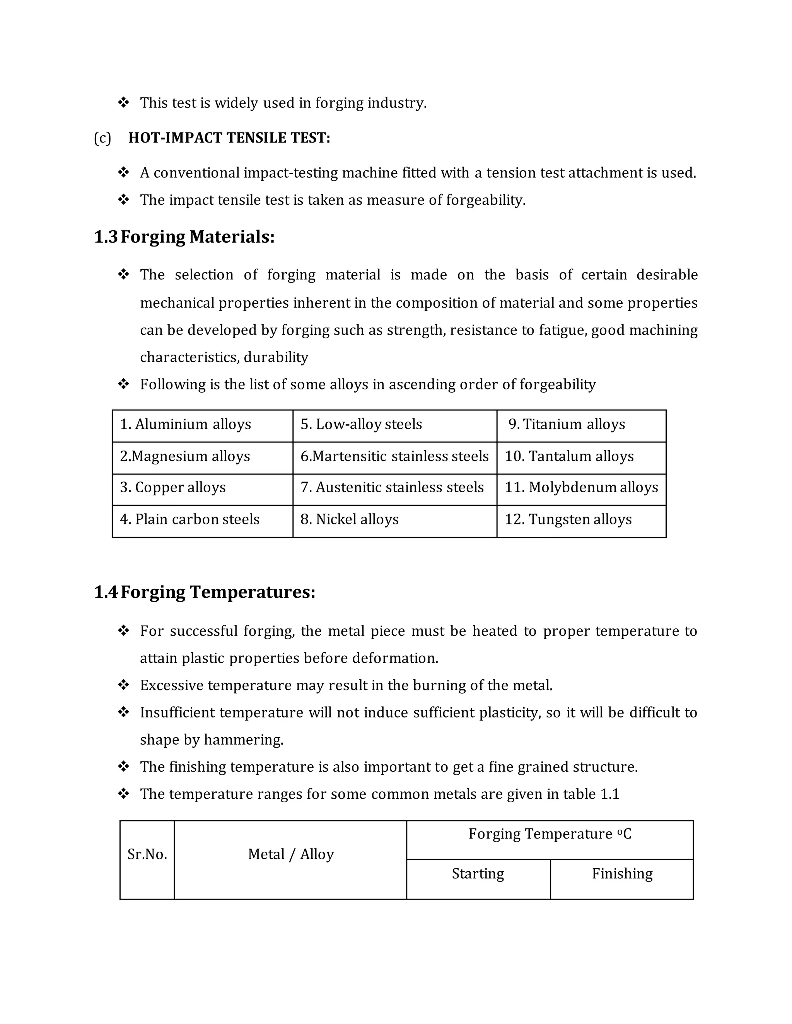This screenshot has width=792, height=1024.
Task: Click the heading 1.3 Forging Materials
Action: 184,237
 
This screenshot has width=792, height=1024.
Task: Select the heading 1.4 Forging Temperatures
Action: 205,592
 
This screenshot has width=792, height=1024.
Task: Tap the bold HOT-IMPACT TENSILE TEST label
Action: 229,138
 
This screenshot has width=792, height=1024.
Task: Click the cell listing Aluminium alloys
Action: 186,424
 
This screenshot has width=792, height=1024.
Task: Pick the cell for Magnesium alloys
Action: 185,456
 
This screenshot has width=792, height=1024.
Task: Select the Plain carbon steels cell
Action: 189,519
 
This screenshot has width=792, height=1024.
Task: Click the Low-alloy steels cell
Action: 361,424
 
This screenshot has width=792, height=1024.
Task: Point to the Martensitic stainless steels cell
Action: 394,456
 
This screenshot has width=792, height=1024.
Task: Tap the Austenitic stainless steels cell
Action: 392,488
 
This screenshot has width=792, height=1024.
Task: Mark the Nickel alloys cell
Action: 350,519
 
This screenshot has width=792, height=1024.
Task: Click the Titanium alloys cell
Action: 567,424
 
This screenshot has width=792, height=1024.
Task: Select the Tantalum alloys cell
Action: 569,456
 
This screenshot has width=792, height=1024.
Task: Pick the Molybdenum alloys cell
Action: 581,488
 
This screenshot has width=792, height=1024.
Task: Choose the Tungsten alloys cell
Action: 568,519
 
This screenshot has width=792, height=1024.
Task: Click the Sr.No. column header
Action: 147,854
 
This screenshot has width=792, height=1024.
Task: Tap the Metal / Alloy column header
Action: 291,854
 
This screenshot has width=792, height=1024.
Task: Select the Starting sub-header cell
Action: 478,874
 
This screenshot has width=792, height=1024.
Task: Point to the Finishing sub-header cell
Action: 622,874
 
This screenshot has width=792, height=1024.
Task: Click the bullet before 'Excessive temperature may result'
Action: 123,685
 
